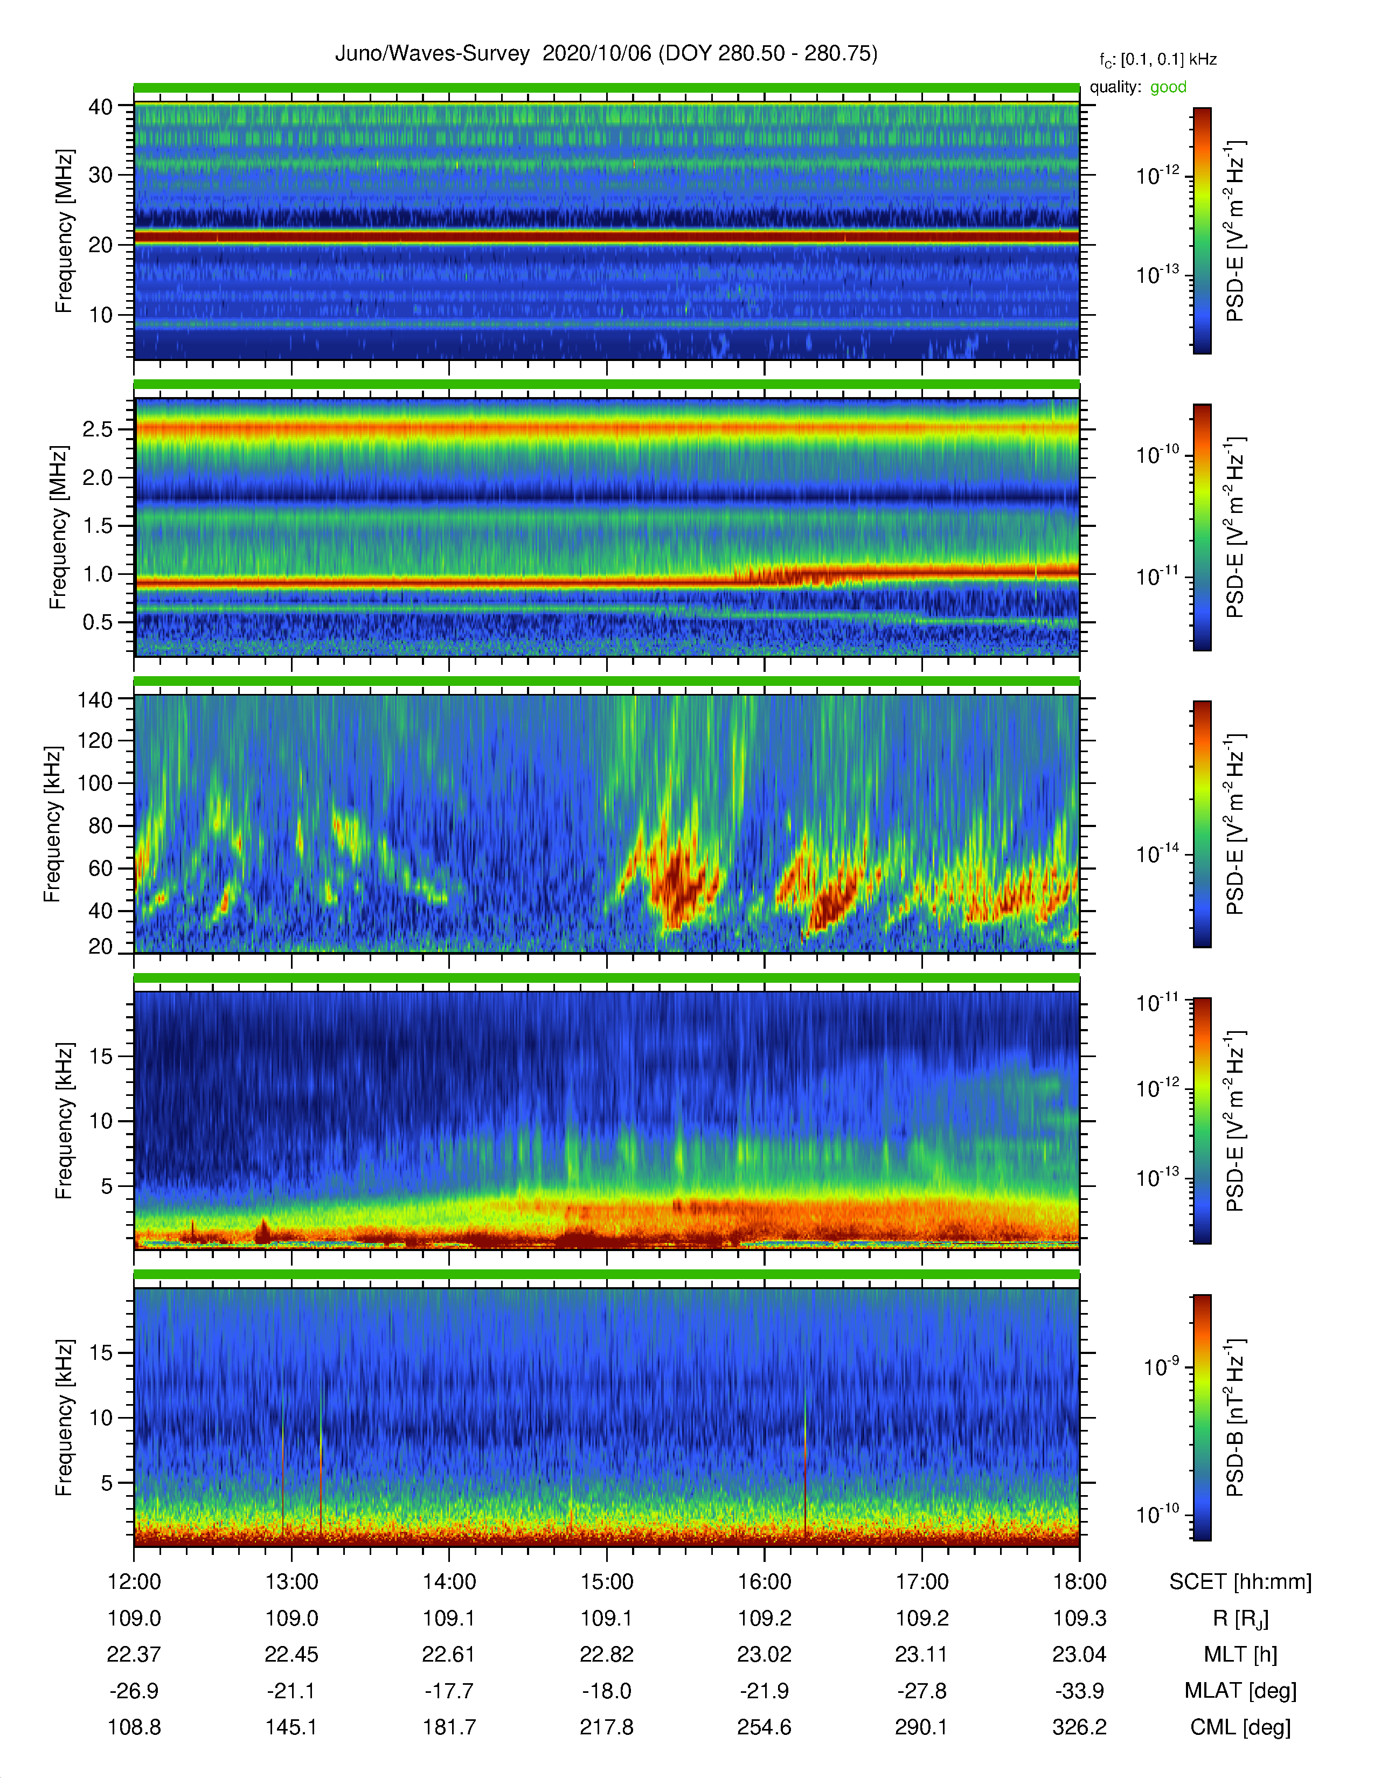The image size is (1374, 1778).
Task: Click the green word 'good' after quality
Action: tap(1168, 87)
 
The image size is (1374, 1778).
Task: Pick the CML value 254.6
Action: tap(765, 1727)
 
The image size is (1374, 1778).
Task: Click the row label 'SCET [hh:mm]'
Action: tap(1240, 1582)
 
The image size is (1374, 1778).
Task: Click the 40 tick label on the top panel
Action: tap(101, 107)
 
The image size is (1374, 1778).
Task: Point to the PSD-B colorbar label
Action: tap(1236, 1418)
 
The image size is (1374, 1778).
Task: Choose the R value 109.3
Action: tap(1079, 1619)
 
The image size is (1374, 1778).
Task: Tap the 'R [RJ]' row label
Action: tap(1240, 1619)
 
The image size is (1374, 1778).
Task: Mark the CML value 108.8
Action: tap(134, 1727)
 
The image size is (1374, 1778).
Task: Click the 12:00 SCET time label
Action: tap(134, 1582)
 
